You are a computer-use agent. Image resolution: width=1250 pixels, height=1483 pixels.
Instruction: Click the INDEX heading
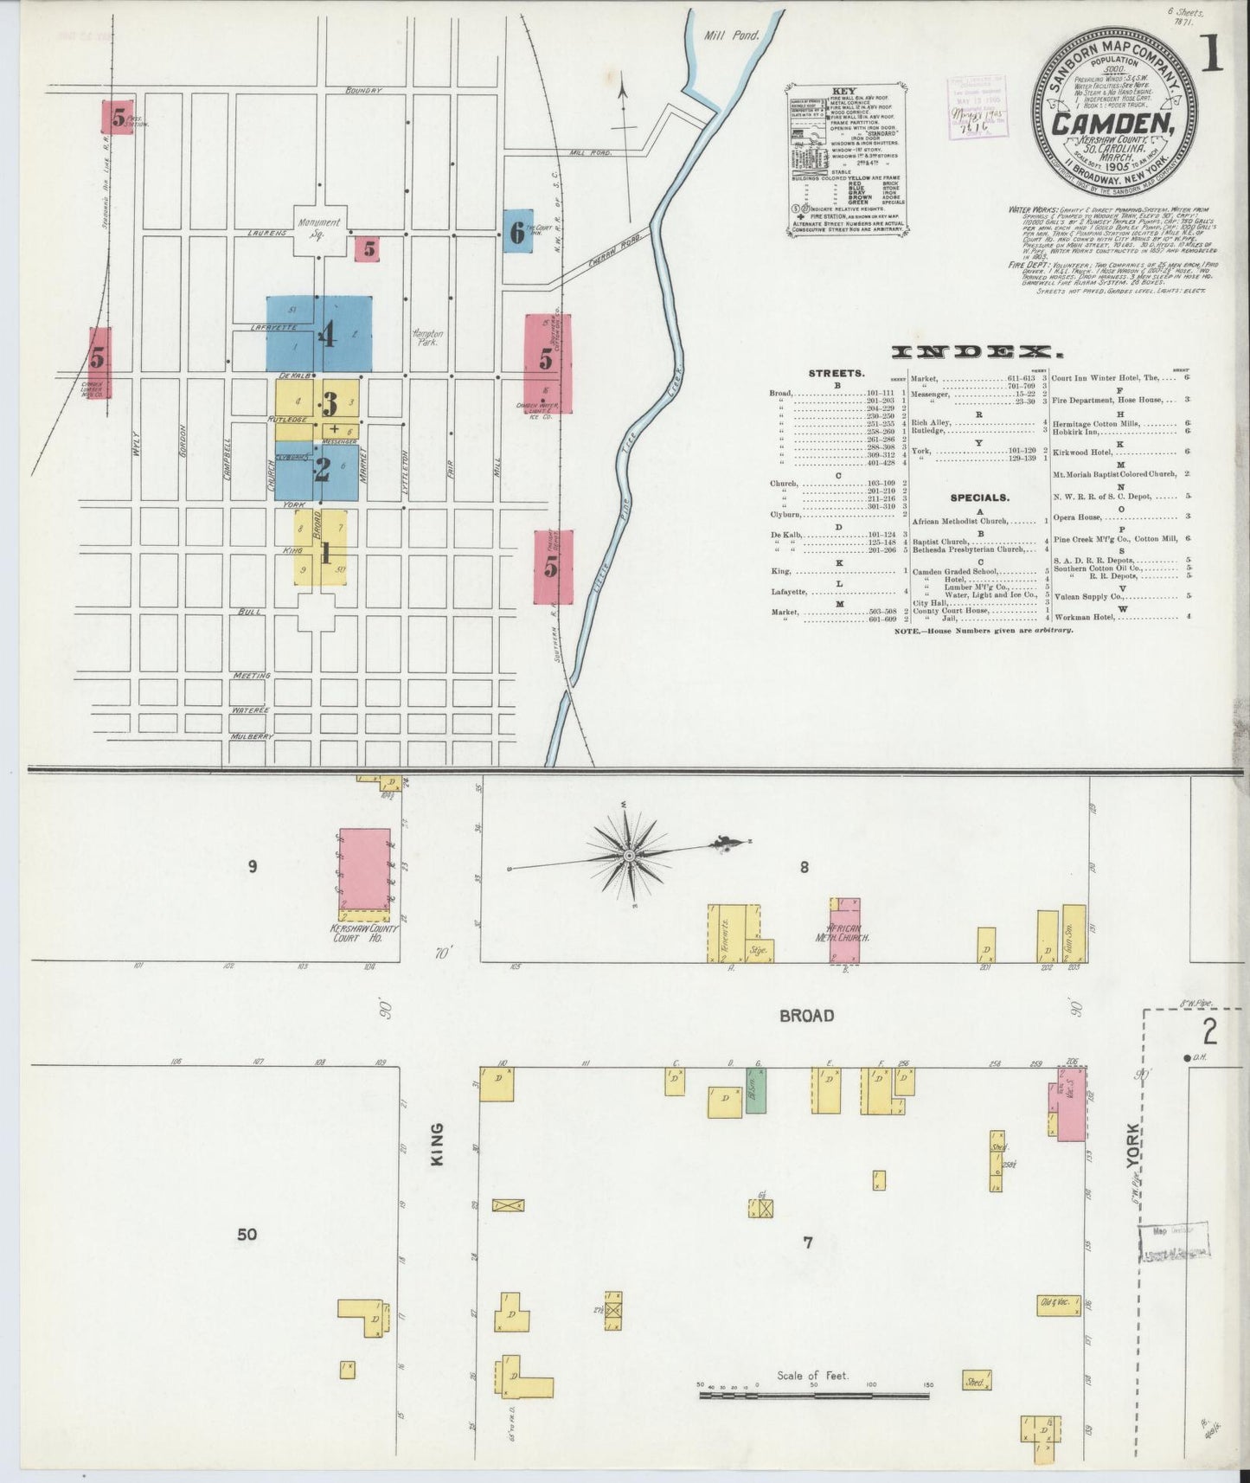[976, 351]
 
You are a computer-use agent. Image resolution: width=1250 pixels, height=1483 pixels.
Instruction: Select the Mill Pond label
[731, 35]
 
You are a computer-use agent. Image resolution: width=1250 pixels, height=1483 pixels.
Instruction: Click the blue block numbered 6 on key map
[517, 231]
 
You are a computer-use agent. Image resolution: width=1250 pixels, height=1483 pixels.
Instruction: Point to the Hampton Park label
[427, 337]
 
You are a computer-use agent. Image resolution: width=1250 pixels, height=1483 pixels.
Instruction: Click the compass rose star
[630, 857]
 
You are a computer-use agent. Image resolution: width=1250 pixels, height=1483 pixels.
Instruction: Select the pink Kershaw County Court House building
[364, 870]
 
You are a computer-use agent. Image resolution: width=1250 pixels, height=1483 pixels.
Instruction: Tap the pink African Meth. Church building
[845, 931]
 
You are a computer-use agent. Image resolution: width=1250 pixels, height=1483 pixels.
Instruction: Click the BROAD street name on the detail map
[806, 1015]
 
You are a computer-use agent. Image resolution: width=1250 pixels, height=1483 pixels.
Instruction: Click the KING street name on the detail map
[437, 1144]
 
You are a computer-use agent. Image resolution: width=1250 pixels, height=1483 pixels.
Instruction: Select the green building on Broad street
[755, 1090]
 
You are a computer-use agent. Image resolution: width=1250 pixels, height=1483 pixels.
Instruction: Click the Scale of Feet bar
[813, 1395]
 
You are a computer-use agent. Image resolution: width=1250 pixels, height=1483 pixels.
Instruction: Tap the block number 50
[247, 1234]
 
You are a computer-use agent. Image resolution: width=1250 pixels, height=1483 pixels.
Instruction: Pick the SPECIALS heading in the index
[979, 498]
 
